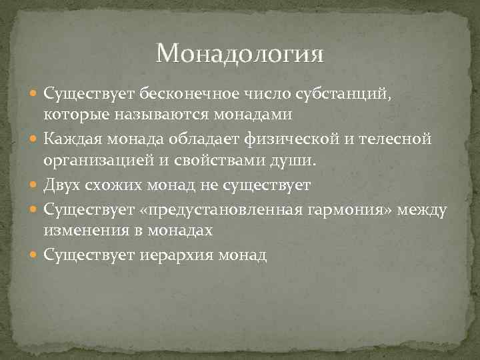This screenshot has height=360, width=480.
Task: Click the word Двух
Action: click(x=61, y=185)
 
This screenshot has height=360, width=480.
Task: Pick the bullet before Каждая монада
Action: click(x=35, y=139)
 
